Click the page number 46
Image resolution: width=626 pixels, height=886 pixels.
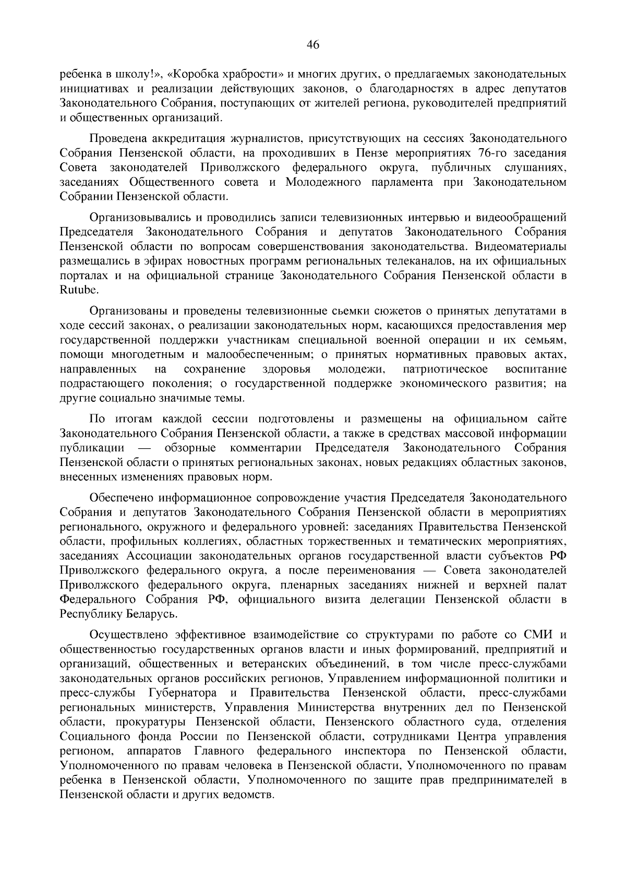click(312, 45)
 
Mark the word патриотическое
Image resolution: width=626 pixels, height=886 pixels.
click(446, 369)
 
